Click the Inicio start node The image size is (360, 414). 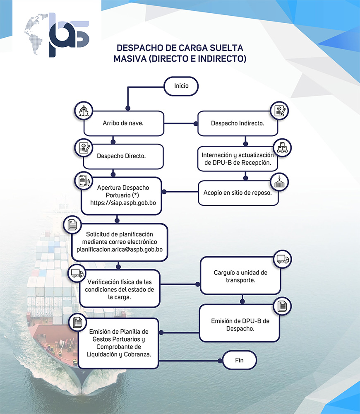(x=181, y=86)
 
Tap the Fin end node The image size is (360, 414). (x=240, y=360)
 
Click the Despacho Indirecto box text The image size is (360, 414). (x=238, y=123)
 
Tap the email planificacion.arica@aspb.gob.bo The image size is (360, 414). (x=120, y=250)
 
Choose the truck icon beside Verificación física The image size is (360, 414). (x=77, y=273)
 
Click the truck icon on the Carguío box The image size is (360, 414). (x=283, y=259)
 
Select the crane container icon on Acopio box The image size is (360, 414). (x=280, y=182)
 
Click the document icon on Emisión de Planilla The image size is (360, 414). (x=77, y=322)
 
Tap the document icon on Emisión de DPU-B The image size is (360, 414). (x=283, y=307)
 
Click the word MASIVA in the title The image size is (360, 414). (x=129, y=59)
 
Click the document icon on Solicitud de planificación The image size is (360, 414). (x=72, y=225)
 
